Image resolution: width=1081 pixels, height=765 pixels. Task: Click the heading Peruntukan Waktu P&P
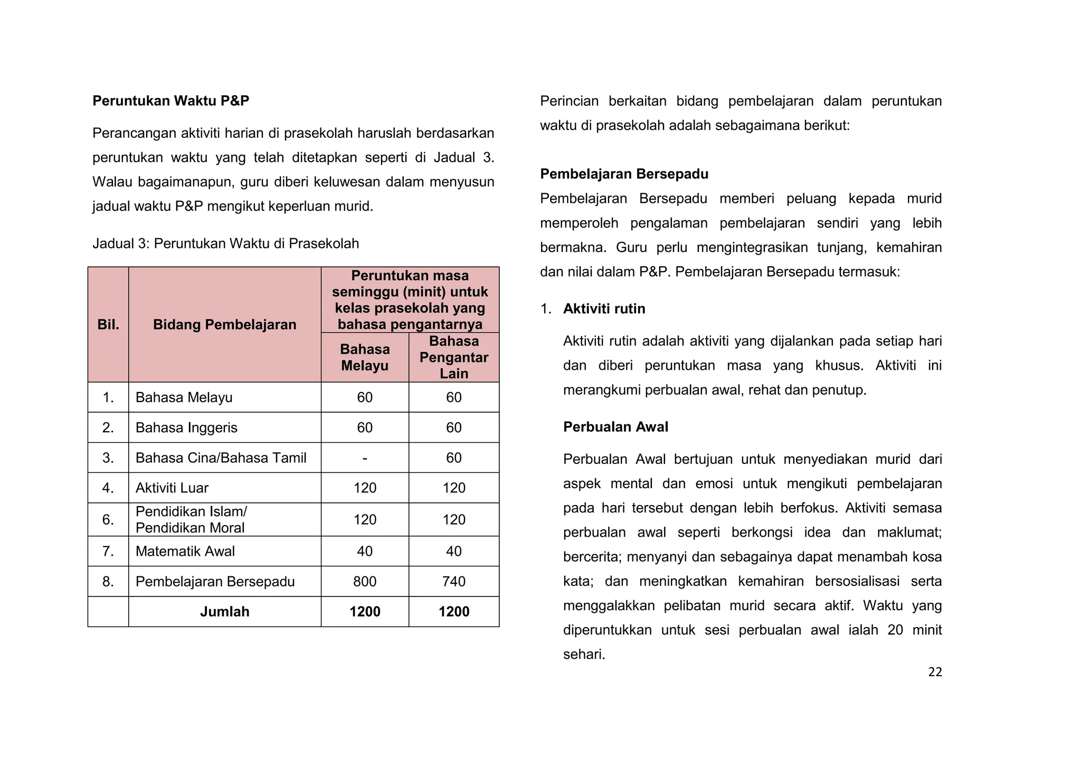click(170, 101)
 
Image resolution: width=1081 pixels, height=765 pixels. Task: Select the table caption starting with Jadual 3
click(225, 244)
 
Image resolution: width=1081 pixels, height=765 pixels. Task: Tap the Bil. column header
click(108, 324)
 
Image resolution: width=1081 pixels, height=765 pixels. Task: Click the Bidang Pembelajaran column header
click(224, 324)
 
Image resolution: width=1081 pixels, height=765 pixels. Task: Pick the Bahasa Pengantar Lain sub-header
click(453, 357)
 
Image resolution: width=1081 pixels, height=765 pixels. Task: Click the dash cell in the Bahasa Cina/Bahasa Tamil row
click(364, 458)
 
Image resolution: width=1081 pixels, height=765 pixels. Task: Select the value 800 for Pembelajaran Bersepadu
click(364, 581)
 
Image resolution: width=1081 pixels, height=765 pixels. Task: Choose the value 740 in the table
click(453, 581)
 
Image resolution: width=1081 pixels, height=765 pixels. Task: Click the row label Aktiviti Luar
click(172, 488)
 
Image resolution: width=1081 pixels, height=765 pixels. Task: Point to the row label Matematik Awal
click(185, 551)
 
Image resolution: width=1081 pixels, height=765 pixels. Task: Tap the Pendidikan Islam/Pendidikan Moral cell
click(191, 519)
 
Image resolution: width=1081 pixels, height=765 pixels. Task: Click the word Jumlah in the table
click(224, 611)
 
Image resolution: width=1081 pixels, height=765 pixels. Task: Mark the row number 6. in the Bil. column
click(108, 519)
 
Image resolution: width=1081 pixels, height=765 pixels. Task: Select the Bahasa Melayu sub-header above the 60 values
click(364, 357)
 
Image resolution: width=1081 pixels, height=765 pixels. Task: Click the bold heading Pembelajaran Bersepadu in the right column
click(624, 174)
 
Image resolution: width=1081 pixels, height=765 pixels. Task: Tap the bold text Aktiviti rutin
click(604, 309)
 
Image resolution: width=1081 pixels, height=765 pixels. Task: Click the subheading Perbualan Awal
click(615, 427)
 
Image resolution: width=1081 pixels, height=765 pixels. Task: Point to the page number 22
click(935, 672)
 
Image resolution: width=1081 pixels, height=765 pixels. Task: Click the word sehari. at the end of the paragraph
click(584, 654)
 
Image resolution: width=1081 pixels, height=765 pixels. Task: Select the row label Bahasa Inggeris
click(186, 427)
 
